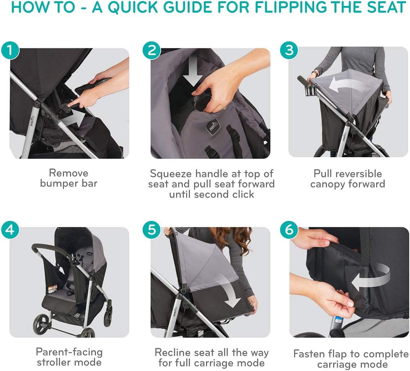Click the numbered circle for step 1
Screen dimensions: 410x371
pos(10,50)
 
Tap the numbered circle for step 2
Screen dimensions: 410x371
pos(152,50)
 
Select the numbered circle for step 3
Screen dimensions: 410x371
pos(289,50)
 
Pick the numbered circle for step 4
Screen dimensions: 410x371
pos(10,230)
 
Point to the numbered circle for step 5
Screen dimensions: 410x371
pos(152,230)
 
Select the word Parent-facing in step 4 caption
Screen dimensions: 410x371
pos(69,352)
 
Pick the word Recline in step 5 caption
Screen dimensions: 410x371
pos(172,352)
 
